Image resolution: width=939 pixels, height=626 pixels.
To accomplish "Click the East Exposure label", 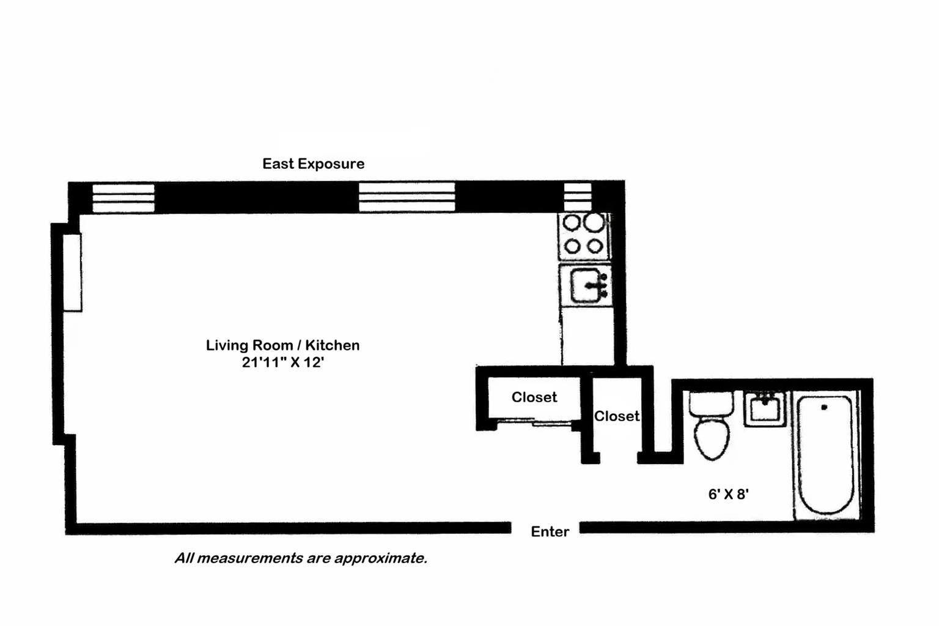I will click(x=313, y=164).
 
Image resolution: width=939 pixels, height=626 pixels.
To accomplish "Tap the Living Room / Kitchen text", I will click(x=282, y=345).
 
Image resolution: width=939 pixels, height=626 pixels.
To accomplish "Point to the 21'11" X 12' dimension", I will click(x=282, y=363).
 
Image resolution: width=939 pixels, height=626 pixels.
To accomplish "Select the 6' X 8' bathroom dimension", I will click(x=728, y=495).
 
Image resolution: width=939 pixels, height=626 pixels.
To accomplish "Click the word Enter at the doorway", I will click(x=550, y=532).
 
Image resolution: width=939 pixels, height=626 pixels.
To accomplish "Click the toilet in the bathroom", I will click(x=712, y=428).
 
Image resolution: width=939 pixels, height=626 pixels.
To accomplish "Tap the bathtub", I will click(x=826, y=455).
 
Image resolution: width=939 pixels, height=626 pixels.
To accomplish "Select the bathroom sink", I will click(x=764, y=408).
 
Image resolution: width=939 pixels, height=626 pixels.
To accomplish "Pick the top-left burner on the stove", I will click(x=572, y=223).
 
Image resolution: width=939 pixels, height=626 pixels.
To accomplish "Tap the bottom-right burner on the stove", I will click(x=595, y=246).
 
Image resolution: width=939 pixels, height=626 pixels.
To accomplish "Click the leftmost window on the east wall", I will click(x=123, y=198).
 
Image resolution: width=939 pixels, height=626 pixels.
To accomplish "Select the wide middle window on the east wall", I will click(x=407, y=197).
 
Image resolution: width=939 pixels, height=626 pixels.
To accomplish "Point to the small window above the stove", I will click(x=577, y=197).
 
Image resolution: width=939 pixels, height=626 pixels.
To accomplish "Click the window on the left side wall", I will click(x=73, y=273).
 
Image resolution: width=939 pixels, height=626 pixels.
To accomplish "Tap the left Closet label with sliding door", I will click(x=534, y=397).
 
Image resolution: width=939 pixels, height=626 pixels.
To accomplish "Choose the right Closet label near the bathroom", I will click(x=616, y=416).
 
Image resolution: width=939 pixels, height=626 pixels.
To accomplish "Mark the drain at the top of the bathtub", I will click(x=824, y=407).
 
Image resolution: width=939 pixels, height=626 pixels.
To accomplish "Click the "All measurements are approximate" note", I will click(x=300, y=558).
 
